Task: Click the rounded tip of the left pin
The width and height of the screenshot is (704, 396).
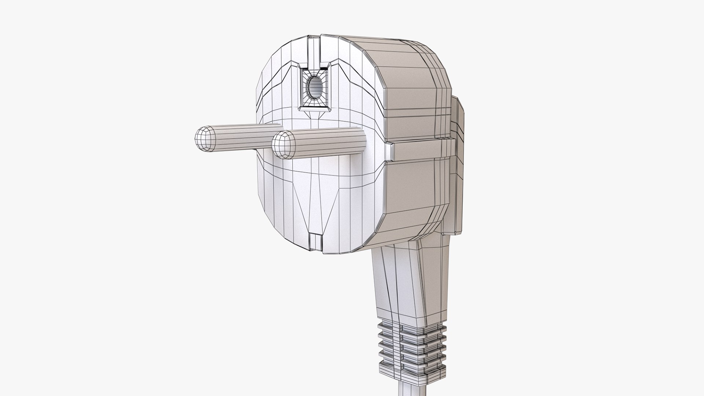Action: point(205,140)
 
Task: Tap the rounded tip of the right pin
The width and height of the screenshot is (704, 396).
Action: point(283,145)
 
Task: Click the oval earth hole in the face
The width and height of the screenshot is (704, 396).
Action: point(314,88)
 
